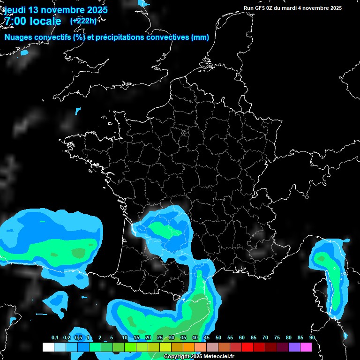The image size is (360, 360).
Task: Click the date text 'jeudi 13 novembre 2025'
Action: tap(55, 9)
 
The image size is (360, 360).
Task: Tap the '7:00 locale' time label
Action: tap(32, 21)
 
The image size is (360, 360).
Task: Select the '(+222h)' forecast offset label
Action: tap(83, 21)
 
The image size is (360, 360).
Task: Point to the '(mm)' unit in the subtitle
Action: tap(200, 37)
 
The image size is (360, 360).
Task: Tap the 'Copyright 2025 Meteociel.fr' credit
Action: tap(199, 357)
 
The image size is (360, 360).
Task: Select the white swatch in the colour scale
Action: tap(48, 347)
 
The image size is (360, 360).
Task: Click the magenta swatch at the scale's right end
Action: tap(306, 347)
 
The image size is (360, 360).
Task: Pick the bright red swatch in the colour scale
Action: tap(247, 347)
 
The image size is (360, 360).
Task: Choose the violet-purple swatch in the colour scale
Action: tap(294, 347)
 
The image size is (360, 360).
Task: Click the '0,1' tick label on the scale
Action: tap(55, 338)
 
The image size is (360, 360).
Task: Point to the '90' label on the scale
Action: tap(312, 338)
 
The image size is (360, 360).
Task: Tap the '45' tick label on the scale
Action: tap(207, 338)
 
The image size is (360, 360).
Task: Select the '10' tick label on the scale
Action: tap(125, 338)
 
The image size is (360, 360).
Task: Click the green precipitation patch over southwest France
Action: tap(162, 229)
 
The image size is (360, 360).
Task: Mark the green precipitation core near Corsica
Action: tap(322, 258)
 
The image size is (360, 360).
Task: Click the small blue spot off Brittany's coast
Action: tap(78, 111)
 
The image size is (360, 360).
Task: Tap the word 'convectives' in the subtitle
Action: tap(167, 37)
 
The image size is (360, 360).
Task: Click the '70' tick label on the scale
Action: tap(265, 338)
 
